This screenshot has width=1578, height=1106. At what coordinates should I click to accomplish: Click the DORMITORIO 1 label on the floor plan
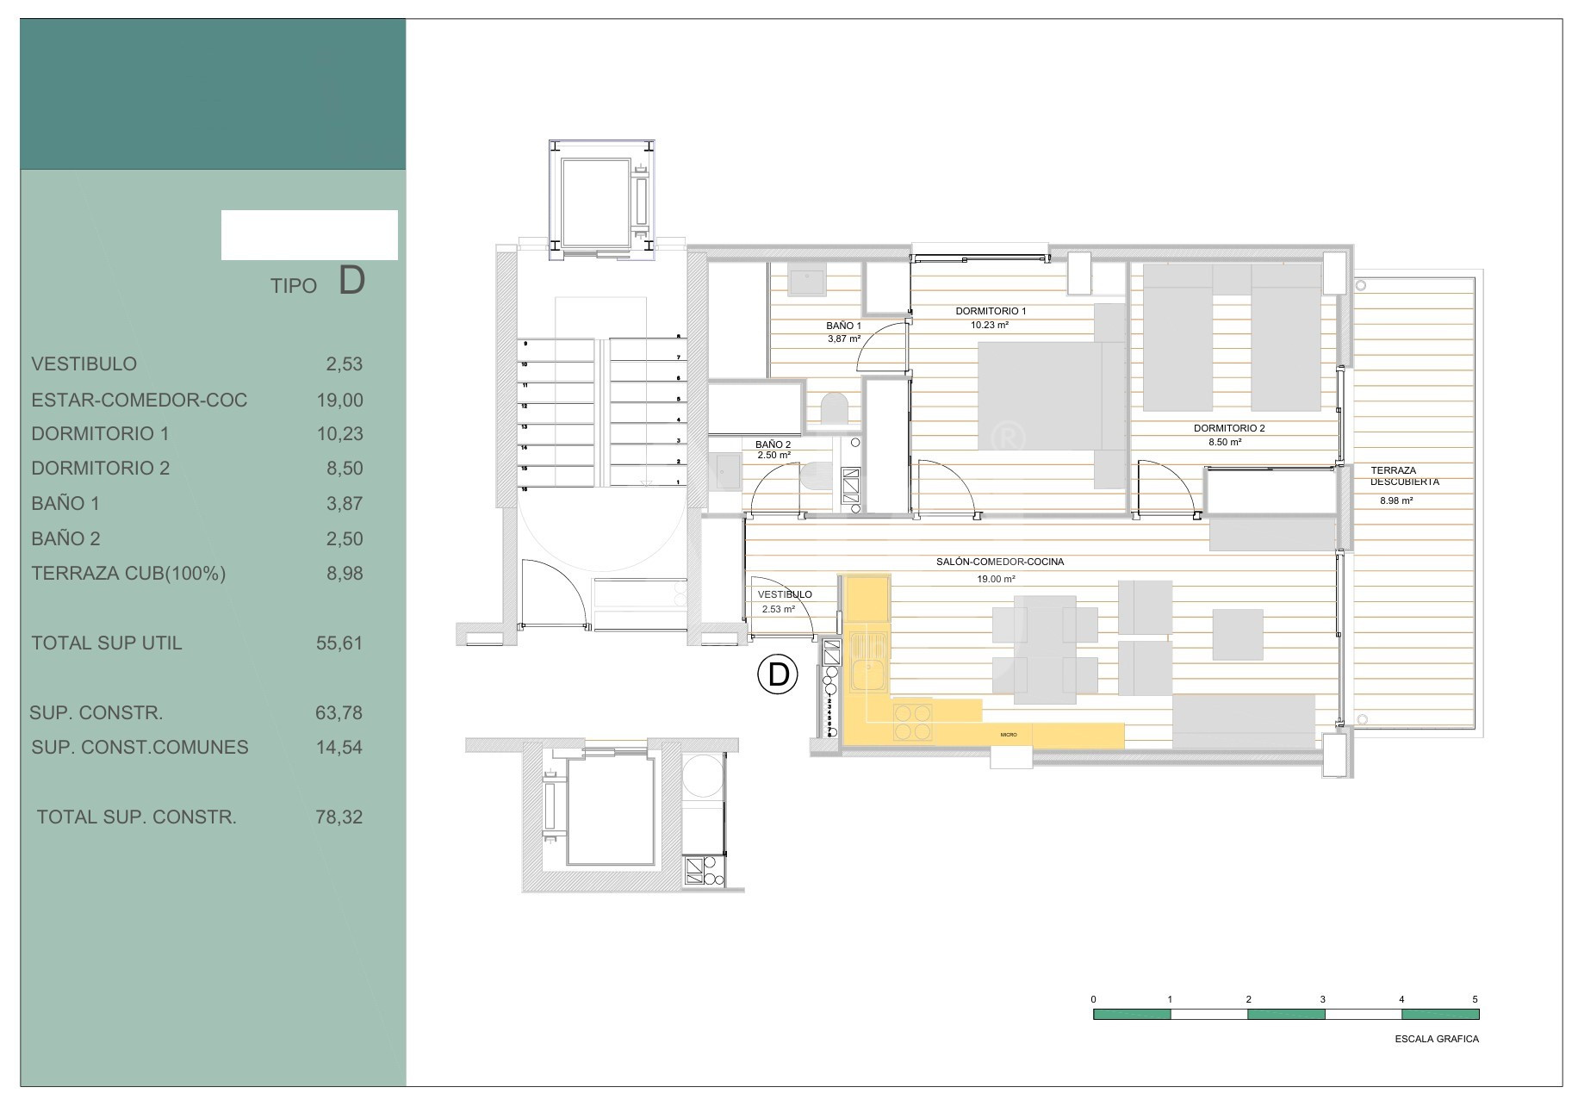click(x=991, y=311)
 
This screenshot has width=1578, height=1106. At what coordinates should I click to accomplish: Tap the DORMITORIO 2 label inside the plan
click(x=1229, y=428)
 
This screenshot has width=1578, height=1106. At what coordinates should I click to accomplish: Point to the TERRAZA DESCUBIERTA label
click(x=1404, y=476)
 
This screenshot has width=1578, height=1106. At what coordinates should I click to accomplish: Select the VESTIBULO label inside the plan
click(x=785, y=594)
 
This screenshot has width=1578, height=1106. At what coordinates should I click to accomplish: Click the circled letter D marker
click(x=778, y=674)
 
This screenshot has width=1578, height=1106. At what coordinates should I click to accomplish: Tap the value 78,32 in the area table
click(x=339, y=817)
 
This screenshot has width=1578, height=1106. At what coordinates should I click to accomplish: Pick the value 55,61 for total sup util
click(x=339, y=643)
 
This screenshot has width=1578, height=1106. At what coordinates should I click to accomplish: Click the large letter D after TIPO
click(x=351, y=281)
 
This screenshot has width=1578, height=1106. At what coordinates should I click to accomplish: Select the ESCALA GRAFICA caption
click(x=1437, y=1039)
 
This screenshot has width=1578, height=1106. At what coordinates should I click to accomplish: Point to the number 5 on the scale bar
click(x=1475, y=999)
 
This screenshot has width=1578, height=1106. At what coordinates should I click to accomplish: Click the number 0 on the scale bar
click(x=1094, y=999)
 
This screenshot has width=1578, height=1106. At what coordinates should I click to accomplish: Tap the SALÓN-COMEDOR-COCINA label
click(x=1000, y=562)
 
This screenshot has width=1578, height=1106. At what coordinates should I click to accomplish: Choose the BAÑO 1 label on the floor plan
click(x=843, y=326)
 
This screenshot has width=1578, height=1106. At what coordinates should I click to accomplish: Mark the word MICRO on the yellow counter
click(x=1009, y=735)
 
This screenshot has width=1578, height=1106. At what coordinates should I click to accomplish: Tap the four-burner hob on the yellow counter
click(x=913, y=722)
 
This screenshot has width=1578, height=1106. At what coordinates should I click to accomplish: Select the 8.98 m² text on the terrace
click(x=1396, y=500)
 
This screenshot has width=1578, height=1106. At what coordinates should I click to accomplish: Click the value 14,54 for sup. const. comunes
click(x=339, y=748)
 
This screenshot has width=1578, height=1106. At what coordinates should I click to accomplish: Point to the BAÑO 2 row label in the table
click(x=65, y=539)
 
